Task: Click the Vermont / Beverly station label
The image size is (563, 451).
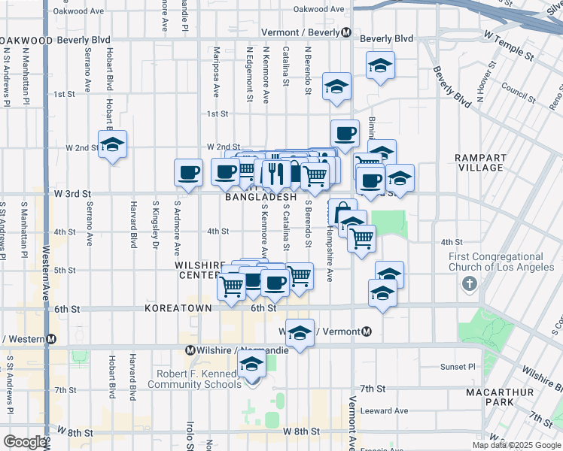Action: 301,33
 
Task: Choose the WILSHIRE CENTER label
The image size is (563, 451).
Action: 199,271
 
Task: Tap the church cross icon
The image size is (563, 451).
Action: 470,284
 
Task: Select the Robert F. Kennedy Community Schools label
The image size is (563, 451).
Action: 197,379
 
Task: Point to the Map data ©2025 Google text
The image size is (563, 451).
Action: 516,445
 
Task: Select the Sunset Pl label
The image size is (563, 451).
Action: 459,368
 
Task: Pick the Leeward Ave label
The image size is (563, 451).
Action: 384,410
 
